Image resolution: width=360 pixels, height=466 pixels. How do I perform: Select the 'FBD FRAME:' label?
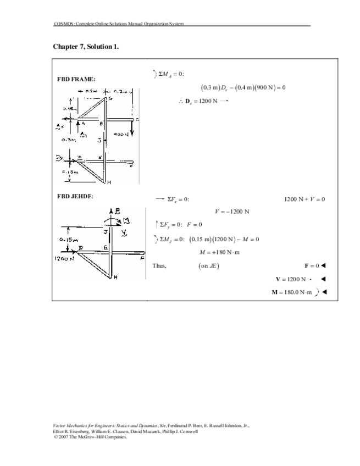click(76, 79)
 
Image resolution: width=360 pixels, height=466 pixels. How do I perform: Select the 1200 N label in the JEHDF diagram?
click(65, 257)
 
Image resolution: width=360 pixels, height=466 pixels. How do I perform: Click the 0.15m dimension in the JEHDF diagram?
click(69, 240)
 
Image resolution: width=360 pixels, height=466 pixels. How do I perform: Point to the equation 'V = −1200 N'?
click(232, 211)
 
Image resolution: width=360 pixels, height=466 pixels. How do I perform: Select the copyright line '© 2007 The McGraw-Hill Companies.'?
click(90, 437)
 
